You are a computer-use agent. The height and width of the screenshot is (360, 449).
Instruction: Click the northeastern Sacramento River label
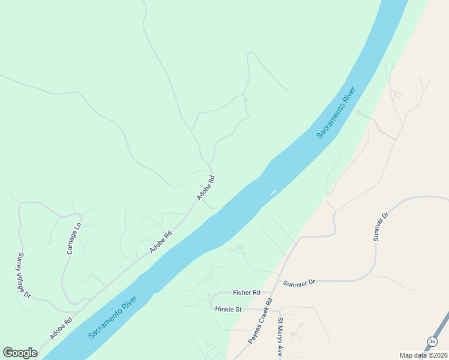pyautogui.click(x=337, y=113)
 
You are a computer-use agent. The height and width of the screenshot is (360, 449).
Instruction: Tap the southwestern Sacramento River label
pyautogui.click(x=113, y=317)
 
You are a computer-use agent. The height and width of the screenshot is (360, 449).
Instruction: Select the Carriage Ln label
pyautogui.click(x=74, y=239)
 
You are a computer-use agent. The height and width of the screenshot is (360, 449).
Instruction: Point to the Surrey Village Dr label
pyautogui.click(x=23, y=275)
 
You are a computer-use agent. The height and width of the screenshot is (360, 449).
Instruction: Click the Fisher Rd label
pyautogui.click(x=247, y=293)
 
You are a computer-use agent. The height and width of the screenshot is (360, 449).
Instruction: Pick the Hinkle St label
pyautogui.click(x=228, y=310)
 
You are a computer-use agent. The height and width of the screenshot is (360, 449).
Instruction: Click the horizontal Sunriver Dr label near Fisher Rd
pyautogui.click(x=299, y=282)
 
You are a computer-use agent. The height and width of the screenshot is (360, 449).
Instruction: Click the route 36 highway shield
pyautogui.click(x=432, y=341)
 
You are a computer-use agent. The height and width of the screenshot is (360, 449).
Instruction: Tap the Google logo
pyautogui.click(x=20, y=353)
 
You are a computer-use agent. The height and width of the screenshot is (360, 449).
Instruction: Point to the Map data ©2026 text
pyautogui.click(x=423, y=355)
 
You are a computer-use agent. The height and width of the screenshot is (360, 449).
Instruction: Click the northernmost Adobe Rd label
pyautogui.click(x=206, y=187)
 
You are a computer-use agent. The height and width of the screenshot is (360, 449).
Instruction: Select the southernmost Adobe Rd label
pyautogui.click(x=61, y=328)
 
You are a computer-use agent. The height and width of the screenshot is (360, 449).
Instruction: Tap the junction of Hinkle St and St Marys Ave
pyautogui.click(x=280, y=311)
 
